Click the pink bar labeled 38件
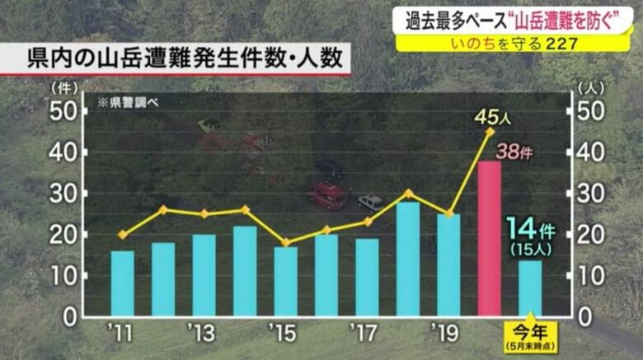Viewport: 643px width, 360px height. click(490, 239)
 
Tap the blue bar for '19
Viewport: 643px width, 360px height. click(448, 265)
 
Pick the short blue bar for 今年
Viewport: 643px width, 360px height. click(530, 288)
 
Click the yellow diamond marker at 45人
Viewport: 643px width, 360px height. click(490, 132)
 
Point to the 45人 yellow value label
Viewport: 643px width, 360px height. click(493, 117)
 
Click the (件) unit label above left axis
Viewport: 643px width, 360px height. click(63, 86)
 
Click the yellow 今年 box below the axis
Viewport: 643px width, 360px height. click(530, 338)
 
